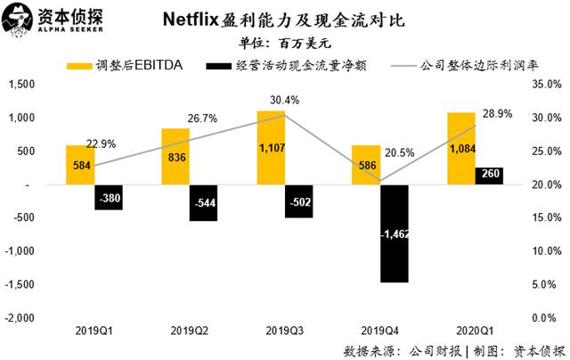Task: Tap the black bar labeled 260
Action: point(488,176)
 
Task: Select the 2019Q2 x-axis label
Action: point(189,331)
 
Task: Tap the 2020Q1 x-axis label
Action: point(475,331)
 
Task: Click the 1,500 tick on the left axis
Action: point(20,85)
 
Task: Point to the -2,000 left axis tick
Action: point(19,318)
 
